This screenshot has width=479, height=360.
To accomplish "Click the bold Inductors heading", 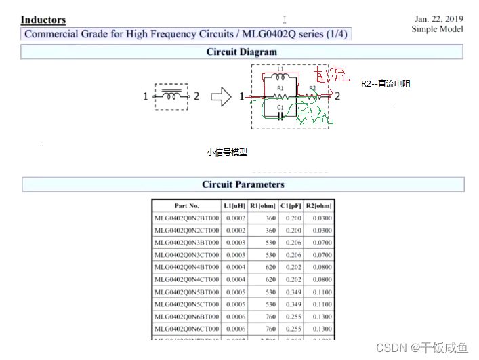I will [x=43, y=20].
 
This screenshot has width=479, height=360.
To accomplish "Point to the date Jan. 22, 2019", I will [x=438, y=19].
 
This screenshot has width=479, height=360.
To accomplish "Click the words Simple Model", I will [x=437, y=29].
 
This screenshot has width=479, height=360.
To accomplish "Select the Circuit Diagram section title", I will [x=242, y=52].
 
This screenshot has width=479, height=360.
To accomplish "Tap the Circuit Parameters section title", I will [x=243, y=184].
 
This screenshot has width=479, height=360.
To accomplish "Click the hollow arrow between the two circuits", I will [x=221, y=97].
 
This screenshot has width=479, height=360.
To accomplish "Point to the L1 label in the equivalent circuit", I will [x=280, y=69].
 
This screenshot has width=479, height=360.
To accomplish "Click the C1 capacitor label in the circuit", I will [x=280, y=108].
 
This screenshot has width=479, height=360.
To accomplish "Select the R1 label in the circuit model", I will [x=280, y=88].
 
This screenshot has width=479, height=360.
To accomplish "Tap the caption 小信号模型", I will [x=227, y=153].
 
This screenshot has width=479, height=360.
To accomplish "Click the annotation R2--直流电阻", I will [x=386, y=84].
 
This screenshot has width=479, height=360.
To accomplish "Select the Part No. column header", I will [x=186, y=206].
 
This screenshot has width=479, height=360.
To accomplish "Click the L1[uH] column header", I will [x=234, y=206].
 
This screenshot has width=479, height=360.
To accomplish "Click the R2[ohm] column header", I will [x=318, y=206].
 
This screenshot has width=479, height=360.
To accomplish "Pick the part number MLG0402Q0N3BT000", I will [x=187, y=243].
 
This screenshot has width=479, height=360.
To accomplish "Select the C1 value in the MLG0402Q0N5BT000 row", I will [x=293, y=292].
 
